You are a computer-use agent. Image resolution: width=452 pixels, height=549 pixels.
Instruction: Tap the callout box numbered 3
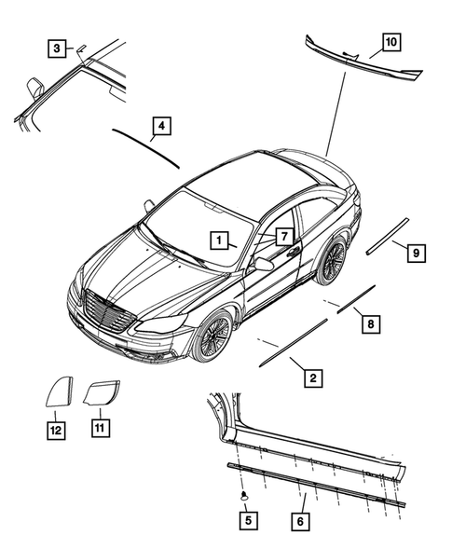pyautogui.click(x=58, y=48)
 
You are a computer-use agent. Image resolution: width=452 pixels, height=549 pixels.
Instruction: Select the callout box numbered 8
pyautogui.click(x=370, y=323)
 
